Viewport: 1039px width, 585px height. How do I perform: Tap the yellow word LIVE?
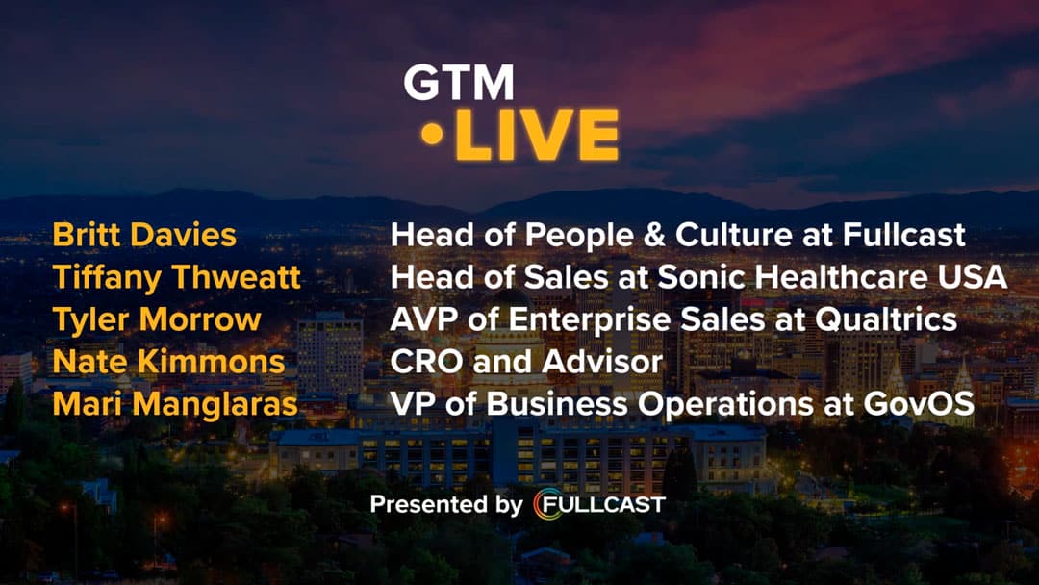(x=537, y=135)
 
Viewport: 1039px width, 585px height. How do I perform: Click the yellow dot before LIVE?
(x=432, y=135)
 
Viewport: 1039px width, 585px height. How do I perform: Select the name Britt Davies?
(x=143, y=235)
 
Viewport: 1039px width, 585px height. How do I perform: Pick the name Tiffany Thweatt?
(x=176, y=277)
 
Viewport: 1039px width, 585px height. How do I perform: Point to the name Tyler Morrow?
(x=157, y=319)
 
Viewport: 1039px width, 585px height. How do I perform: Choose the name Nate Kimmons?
(x=168, y=362)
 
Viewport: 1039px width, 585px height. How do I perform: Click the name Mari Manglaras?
(x=175, y=404)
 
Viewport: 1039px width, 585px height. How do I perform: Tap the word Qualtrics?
(x=886, y=319)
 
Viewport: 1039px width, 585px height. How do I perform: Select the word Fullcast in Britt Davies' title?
(x=903, y=235)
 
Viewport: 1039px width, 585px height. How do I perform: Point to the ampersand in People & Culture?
(x=654, y=235)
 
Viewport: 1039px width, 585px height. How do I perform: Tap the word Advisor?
(x=602, y=362)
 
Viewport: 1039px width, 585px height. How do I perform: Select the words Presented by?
(x=446, y=505)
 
